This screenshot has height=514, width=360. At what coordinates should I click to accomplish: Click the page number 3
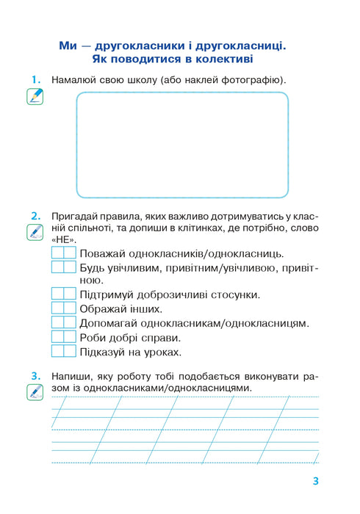[314, 482]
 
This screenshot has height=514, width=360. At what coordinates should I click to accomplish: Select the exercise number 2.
[34, 216]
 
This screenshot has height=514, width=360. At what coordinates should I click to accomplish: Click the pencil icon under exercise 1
[34, 96]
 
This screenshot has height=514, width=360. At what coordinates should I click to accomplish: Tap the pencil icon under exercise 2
[34, 233]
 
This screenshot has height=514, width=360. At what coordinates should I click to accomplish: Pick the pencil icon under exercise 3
[34, 392]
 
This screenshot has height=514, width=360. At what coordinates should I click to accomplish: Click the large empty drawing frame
[181, 145]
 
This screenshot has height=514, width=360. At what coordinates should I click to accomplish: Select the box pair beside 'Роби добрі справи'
[64, 337]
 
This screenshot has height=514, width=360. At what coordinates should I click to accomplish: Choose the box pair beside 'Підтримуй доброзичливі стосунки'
[64, 294]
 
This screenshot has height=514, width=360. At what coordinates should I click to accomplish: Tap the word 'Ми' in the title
[68, 46]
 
